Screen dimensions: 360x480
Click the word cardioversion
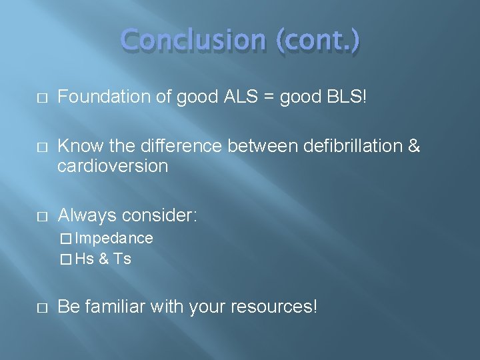tap(113, 166)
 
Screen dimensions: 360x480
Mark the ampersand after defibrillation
tap(413, 146)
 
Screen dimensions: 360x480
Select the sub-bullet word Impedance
tap(114, 238)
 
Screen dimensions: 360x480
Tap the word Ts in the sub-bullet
tap(123, 259)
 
